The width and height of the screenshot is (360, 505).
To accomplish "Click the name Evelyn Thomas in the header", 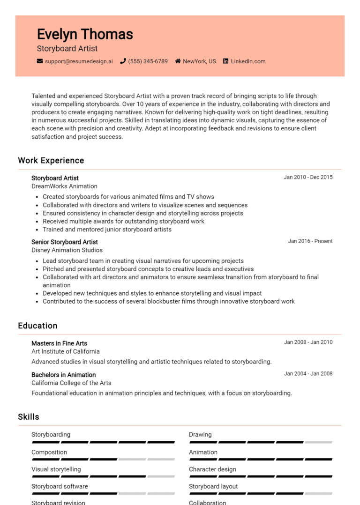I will pos(85,34).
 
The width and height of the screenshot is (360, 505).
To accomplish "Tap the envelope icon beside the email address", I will pos(40,61).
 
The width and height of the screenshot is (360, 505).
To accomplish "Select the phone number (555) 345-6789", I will pos(148,61).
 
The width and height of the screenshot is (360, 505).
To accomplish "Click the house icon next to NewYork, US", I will pos(178,61).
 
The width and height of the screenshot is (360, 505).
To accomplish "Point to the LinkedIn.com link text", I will pos(248,61).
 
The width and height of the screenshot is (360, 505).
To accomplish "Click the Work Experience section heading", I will pos(51,160).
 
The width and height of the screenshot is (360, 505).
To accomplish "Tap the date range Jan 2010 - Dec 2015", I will pos(308,177).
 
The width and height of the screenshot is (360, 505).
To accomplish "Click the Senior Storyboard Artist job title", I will pos(65,242).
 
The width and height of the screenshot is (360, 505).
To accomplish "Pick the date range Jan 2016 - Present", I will pos(310,241).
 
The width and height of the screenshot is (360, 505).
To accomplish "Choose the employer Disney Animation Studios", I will pos(67,250).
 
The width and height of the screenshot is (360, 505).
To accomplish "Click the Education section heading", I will pos(37,326).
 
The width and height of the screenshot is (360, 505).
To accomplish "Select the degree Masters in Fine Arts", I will pos(59,343).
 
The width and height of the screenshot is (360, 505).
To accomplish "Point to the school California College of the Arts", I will pos(71,383).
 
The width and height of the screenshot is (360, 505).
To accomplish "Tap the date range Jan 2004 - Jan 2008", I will pos(308,373).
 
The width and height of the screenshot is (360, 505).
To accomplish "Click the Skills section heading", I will pos(29,417).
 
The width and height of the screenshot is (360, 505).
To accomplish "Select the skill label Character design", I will pos(212,469).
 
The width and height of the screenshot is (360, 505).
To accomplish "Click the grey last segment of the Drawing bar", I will pos(318,442).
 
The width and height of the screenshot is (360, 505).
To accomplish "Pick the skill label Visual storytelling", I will pos(56,469).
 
